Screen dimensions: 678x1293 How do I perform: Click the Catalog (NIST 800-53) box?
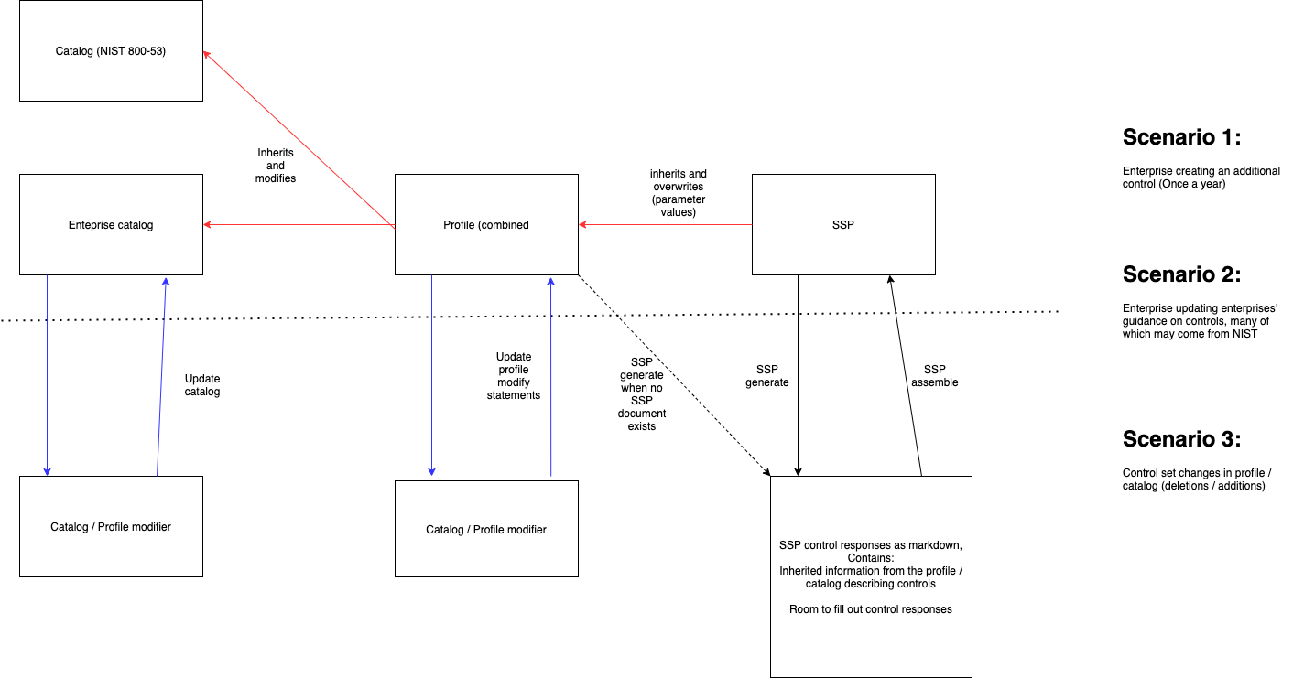coord(111,51)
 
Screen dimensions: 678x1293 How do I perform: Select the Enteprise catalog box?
coord(111,224)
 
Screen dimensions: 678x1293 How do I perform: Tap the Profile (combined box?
coord(485,224)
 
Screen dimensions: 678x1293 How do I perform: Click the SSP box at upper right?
coord(842,224)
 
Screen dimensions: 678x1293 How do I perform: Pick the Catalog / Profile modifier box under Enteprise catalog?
coord(111,526)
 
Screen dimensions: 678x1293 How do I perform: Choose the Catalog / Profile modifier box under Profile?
coord(485,529)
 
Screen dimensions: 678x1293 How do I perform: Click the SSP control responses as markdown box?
coord(870,576)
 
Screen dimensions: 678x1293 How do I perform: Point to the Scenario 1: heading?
coord(1181,137)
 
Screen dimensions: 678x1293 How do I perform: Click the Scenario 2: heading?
coord(1181,274)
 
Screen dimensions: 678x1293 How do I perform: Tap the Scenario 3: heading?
coord(1181,438)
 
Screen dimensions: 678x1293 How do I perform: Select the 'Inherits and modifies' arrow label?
coord(275,166)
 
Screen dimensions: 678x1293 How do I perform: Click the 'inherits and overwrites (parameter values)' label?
coord(678,193)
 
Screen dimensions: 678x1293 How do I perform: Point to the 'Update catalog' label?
coord(202,384)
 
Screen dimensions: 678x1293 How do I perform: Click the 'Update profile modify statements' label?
coord(513,376)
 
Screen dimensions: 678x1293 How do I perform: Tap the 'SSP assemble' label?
coord(934,375)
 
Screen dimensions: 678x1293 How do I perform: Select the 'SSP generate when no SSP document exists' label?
coord(641,394)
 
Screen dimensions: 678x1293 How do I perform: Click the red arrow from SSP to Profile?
coord(664,225)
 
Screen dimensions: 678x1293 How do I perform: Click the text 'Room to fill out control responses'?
coord(870,609)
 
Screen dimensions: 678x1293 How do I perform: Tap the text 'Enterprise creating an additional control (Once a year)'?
coord(1201,178)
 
